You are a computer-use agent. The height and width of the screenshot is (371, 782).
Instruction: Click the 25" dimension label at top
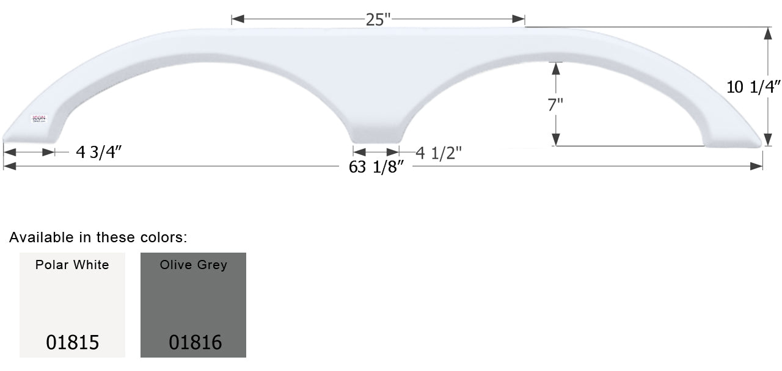pos(378,20)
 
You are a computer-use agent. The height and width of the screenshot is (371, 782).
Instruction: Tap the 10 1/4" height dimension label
pos(753,87)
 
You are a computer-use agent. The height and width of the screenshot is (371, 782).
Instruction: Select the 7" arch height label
pos(555,104)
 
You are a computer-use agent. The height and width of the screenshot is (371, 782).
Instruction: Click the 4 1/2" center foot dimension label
pos(439,153)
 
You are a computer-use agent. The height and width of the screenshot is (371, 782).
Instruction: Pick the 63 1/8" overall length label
pos(377,167)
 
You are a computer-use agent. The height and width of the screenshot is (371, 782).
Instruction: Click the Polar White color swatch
pos(72,304)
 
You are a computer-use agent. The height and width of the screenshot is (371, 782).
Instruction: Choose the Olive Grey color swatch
pos(193,304)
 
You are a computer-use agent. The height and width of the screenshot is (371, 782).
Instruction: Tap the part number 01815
pos(72,342)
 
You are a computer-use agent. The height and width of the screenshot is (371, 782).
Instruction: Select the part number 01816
pos(195,342)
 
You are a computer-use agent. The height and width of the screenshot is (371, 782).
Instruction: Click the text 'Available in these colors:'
pos(98,237)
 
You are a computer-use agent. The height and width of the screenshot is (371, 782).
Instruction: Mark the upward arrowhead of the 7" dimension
pos(555,67)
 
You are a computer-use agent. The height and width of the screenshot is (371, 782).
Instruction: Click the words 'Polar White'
pos(72,265)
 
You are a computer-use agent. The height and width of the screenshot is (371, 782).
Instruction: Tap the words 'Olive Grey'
pos(193,265)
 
